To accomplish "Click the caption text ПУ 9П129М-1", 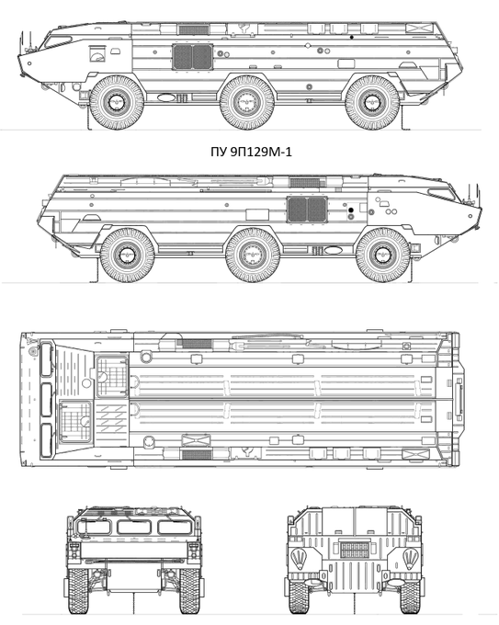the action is coord(251,152).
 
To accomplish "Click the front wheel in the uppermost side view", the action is coord(116,102).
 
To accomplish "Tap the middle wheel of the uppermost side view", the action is coord(247,102).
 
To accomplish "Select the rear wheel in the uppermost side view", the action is coord(372,102).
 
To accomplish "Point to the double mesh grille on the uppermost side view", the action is coord(192,57).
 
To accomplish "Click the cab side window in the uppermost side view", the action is coord(58,41).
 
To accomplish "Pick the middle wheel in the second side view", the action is coord(253,256).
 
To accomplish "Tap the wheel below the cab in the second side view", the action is coord(383,256).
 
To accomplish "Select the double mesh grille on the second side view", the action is coord(307,210).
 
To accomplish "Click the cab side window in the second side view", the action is coord(442,194).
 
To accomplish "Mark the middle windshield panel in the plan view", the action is coord(46,400).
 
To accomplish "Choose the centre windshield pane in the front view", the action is coord(134,527).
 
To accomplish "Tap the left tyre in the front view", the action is coord(78,591).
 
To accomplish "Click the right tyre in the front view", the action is coord(190,591).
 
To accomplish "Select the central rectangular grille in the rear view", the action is coord(355,550).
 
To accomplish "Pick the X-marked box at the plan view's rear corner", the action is coord(415,454).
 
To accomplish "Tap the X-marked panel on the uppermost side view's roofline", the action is coord(419,28).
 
